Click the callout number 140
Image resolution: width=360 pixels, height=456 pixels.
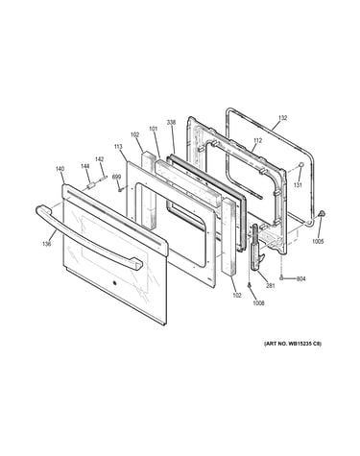pyautogui.click(x=60, y=169)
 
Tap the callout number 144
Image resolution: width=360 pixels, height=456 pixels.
pyautogui.click(x=84, y=166)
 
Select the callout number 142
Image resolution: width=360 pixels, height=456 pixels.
pyautogui.click(x=99, y=159)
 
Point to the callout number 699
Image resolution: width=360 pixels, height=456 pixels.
pyautogui.click(x=116, y=177)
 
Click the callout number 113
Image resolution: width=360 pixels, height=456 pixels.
pyautogui.click(x=118, y=147)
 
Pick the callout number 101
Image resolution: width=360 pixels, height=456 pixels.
pyautogui.click(x=154, y=129)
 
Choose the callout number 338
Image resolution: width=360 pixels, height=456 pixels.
pyautogui.click(x=171, y=122)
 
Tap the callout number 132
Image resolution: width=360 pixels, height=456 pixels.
pyautogui.click(x=282, y=118)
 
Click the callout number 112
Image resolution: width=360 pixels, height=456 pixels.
pyautogui.click(x=257, y=140)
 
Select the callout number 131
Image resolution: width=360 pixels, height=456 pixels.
pyautogui.click(x=298, y=185)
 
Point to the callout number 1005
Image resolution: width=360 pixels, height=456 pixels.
pyautogui.click(x=319, y=241)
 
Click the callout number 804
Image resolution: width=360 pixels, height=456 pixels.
pyautogui.click(x=301, y=278)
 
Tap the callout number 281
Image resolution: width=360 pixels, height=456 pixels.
pyautogui.click(x=271, y=286)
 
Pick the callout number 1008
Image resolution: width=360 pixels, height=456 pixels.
pyautogui.click(x=258, y=303)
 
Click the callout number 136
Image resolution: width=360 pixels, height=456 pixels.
pyautogui.click(x=47, y=244)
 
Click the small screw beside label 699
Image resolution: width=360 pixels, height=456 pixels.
pyautogui.click(x=120, y=189)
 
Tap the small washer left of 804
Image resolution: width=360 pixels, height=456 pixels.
pyautogui.click(x=281, y=278)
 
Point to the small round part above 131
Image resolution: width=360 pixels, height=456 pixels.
pyautogui.click(x=301, y=164)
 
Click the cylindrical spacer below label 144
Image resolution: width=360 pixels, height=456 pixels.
pyautogui.click(x=89, y=186)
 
